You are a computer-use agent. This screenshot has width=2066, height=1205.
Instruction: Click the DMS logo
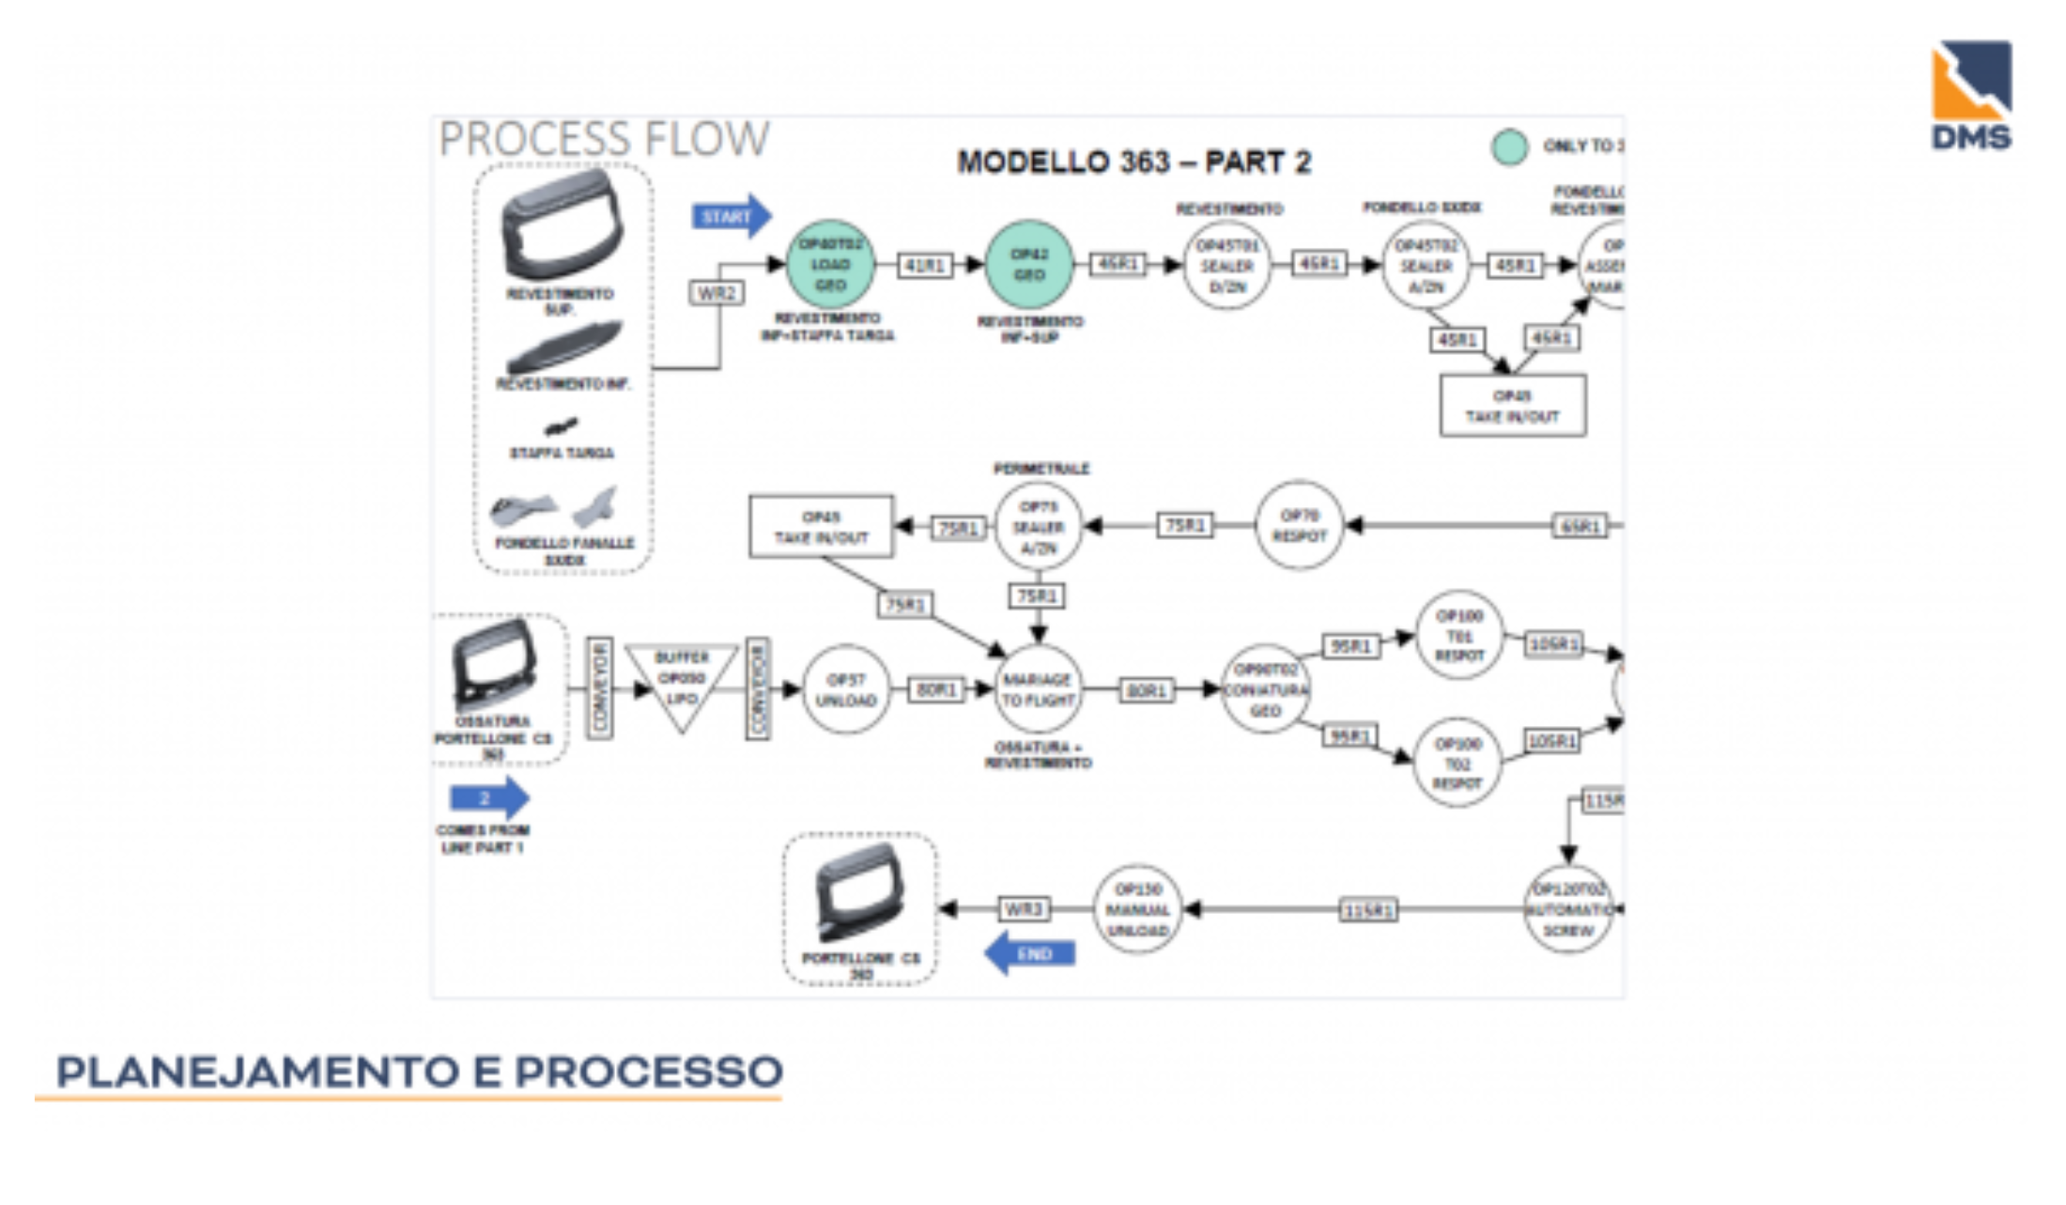point(1970,95)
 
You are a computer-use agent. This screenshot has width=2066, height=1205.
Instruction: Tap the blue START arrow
point(731,217)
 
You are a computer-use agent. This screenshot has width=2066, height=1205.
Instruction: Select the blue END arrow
point(1029,954)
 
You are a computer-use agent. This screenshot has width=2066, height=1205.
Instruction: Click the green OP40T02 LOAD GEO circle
point(830,265)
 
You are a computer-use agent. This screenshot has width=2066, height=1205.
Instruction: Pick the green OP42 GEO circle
point(1029,265)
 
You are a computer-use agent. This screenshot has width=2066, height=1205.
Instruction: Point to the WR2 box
point(717,293)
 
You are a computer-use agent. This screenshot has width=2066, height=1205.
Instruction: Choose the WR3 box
point(1023,909)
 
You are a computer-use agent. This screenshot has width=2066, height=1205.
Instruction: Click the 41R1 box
point(924,266)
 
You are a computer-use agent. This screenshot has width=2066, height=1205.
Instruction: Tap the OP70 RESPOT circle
point(1299,526)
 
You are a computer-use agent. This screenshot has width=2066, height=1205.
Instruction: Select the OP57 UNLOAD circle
point(845,690)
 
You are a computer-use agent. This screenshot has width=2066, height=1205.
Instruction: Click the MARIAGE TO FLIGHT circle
point(1038,690)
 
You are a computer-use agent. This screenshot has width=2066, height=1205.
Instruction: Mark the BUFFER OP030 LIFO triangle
point(682,681)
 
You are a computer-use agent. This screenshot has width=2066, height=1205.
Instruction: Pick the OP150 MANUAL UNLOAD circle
point(1137,909)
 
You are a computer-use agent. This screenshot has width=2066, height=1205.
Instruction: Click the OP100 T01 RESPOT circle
point(1458,636)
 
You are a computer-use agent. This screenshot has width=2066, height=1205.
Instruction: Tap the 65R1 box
point(1580,526)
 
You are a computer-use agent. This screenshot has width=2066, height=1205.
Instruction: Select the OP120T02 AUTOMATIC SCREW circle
point(1567,909)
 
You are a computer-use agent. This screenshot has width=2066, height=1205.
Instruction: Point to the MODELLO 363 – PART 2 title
point(1133,162)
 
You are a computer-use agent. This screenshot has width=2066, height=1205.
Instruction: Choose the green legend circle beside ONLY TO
point(1509,147)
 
